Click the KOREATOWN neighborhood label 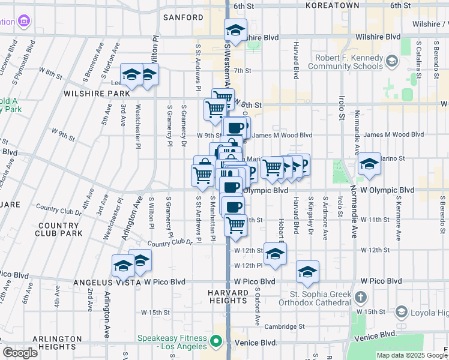332,5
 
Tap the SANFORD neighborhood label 184,17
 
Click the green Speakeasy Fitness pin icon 217,343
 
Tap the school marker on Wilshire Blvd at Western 236,30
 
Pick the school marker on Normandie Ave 369,164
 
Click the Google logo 20,353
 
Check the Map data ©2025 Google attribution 411,355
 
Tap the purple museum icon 24,22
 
